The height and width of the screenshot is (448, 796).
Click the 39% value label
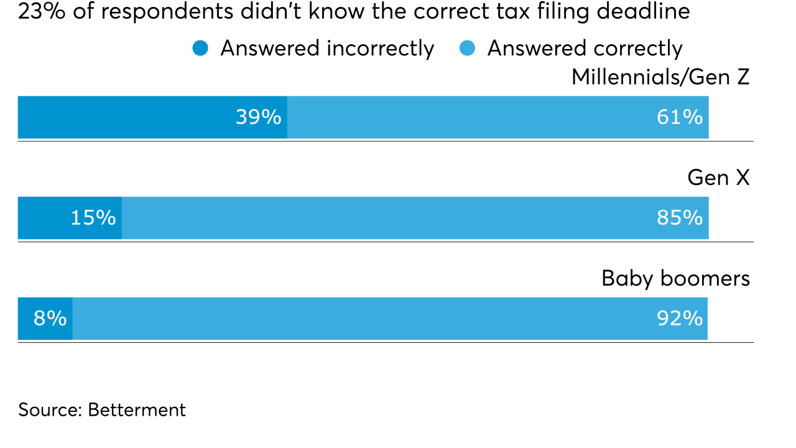258,117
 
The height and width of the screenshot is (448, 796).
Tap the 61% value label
680,117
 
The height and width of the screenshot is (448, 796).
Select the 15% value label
93,218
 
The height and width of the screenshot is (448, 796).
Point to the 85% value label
680,218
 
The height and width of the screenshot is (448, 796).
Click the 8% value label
50,319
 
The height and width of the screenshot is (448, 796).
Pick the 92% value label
680,319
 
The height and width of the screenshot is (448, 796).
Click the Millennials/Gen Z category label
660,78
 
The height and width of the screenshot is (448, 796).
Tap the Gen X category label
718,178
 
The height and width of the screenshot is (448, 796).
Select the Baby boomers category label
675,278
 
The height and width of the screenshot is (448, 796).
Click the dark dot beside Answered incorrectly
200,48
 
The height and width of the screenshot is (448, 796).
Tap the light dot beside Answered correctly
467,48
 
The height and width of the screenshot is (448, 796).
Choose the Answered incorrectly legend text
327,49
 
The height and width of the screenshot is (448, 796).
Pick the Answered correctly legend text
585,49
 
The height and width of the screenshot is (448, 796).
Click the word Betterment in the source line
137,410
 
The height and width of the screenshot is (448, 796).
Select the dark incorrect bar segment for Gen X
44,218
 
